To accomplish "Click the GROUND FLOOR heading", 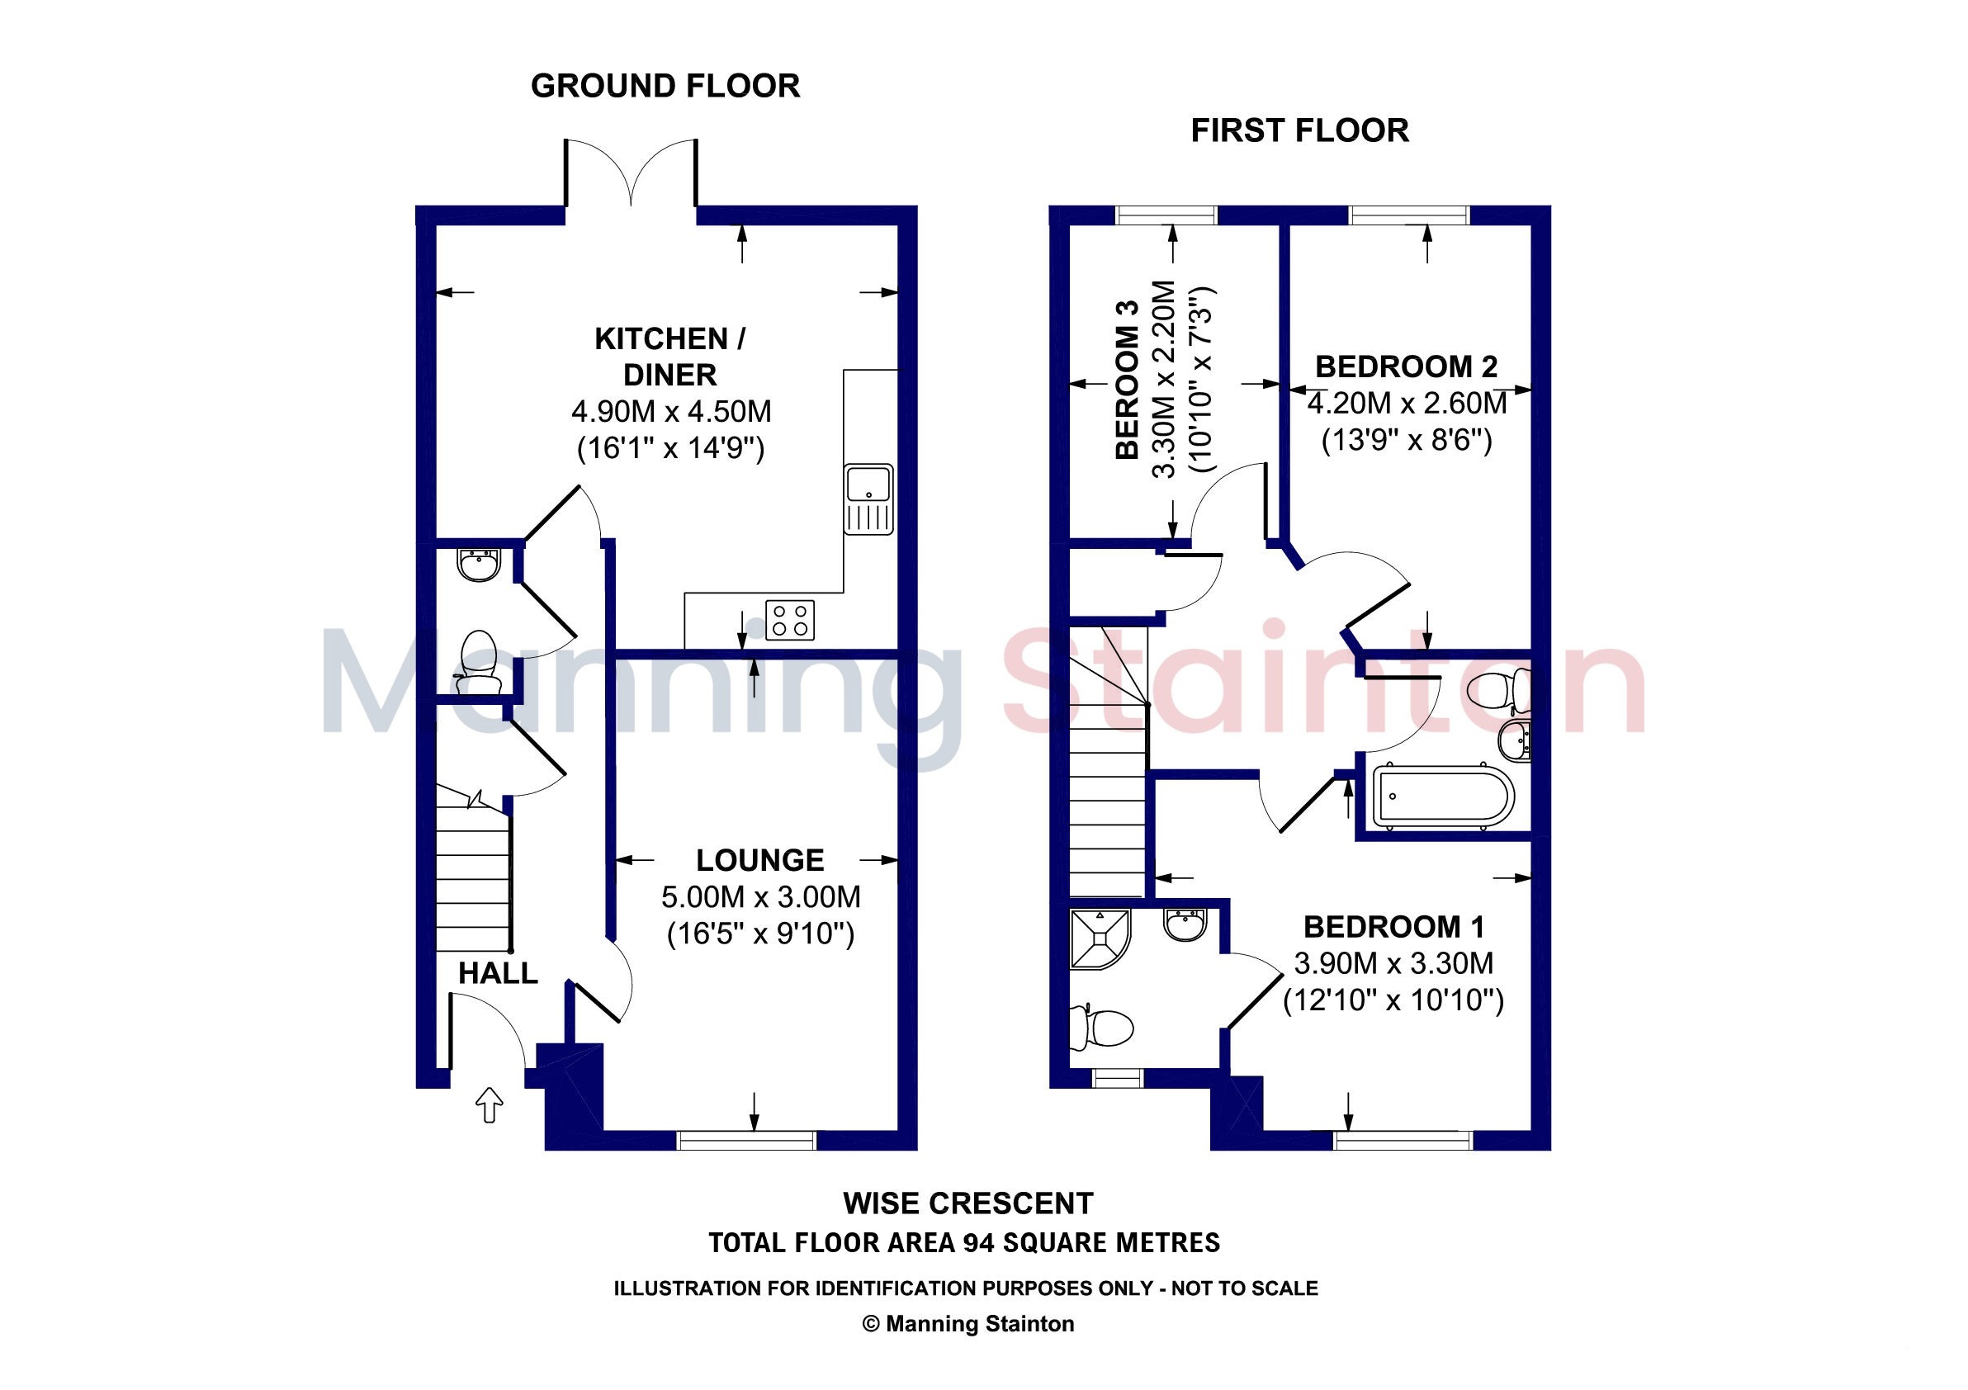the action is pos(665,86).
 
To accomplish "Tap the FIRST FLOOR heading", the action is pos(1299,130).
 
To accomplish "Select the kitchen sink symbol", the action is pos(868,499).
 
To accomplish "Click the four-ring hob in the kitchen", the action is pos(789,620).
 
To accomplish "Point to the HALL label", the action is pos(497,972).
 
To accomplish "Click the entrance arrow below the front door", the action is pos(489,1104).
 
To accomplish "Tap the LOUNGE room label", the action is pos(759,859).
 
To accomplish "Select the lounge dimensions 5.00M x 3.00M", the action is pos(760,896).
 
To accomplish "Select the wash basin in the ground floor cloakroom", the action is pos(478,565).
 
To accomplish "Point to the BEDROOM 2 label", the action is pos(1406,366).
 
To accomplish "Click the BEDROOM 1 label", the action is pos(1393,926).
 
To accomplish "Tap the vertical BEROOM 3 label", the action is pos(1126,379).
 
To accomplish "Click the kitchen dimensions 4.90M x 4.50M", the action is pos(671,411).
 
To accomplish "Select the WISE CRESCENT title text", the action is pos(967,1203).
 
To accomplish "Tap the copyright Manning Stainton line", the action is pos(967,1324).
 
